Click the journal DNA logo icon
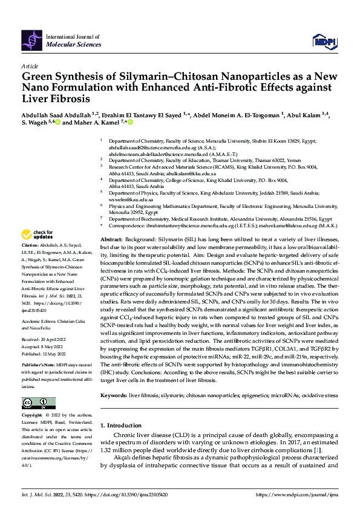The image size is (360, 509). pyautogui.click(x=33, y=41)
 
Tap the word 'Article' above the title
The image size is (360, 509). pyautogui.click(x=30, y=66)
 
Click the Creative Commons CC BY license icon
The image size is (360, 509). pyautogui.click(x=38, y=403)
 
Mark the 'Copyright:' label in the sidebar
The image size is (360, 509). pyautogui.click(x=33, y=417)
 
